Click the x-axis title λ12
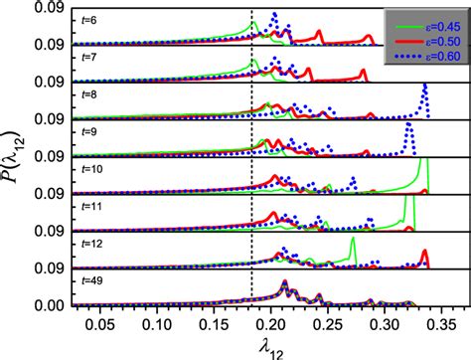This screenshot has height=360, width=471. click(254, 346)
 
